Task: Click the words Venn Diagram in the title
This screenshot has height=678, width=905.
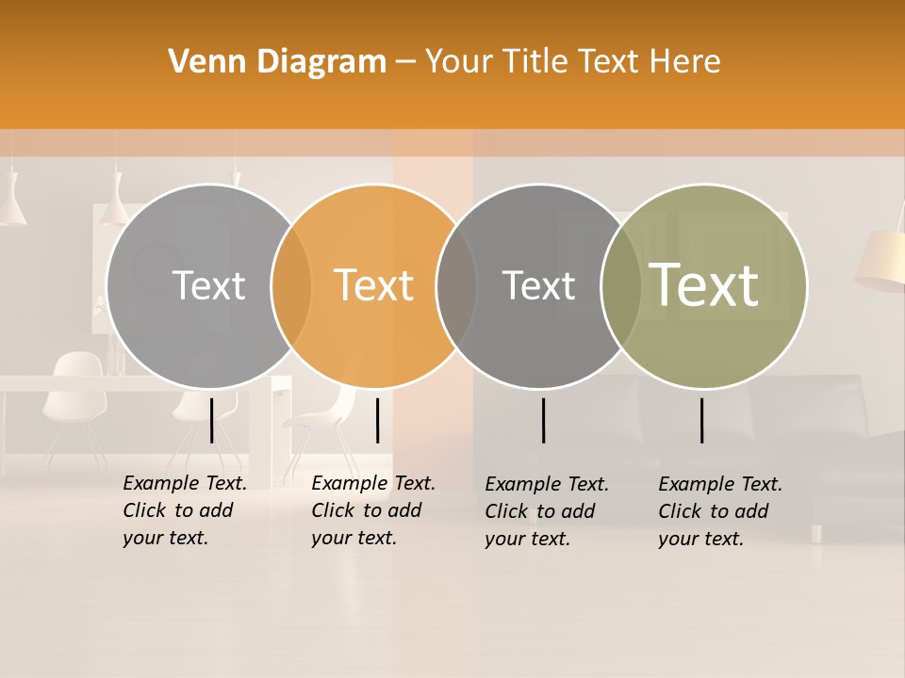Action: coord(277,61)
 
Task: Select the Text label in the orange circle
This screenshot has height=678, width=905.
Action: coord(374,285)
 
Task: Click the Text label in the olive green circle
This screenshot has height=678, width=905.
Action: coord(704,284)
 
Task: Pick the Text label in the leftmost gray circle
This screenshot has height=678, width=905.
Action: coord(208,285)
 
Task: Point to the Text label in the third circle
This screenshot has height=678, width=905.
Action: coord(538,285)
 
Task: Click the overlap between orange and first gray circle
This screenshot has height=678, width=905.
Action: coord(291,285)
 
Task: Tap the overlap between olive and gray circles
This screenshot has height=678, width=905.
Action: coord(620,285)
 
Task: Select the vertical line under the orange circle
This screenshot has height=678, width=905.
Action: coord(377,420)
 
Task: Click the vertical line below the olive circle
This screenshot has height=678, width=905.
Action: coord(702,420)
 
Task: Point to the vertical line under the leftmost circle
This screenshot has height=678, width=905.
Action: coord(211,420)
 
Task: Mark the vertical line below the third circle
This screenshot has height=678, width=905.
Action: coord(544,420)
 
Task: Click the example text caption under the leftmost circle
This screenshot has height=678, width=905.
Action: coord(184,510)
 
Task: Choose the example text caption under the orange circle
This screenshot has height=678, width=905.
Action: coord(372,510)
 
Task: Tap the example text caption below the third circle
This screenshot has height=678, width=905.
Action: coord(546,511)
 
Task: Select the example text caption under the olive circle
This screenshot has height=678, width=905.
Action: coord(719,511)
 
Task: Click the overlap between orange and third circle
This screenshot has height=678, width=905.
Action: coord(456,285)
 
